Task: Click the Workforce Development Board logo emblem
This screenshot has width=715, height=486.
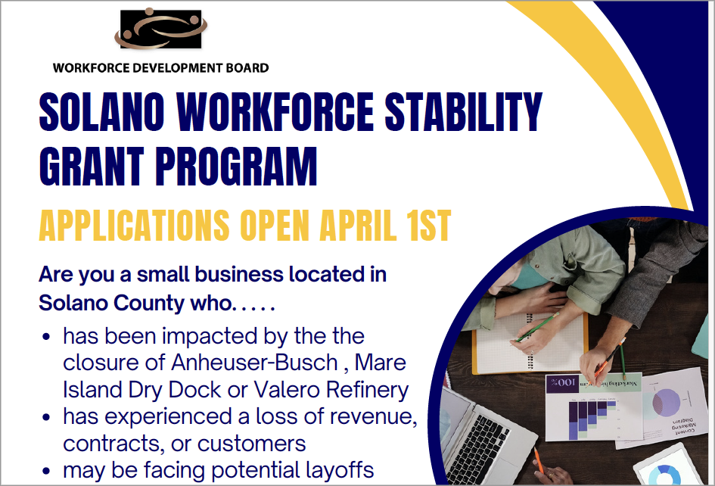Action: coord(160,30)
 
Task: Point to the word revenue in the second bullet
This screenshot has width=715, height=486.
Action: coord(370,416)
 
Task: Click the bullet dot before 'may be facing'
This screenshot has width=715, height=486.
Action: coord(48,471)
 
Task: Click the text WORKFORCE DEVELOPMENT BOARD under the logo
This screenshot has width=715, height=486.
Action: coord(160,67)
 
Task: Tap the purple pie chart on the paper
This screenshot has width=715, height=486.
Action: coord(667,401)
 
